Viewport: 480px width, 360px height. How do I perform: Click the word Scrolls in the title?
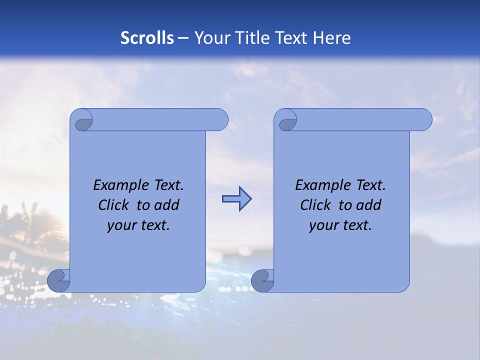tap(147, 38)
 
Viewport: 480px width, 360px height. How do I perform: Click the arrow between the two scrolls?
tap(236, 199)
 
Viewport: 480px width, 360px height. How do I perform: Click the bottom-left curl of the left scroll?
tap(58, 281)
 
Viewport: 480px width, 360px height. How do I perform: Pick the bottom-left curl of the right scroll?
tap(262, 281)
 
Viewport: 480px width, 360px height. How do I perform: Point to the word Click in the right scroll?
tap(316, 205)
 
